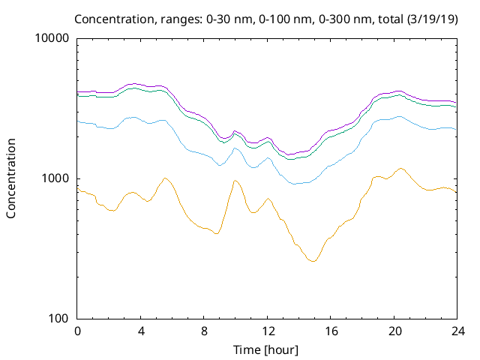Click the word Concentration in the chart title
(x=129, y=18)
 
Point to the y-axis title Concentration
(x=11, y=178)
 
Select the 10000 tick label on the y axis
(x=52, y=38)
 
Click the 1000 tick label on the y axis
(x=55, y=178)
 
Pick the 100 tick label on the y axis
(x=58, y=319)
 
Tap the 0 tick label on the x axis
(x=77, y=331)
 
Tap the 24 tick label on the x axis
(x=457, y=331)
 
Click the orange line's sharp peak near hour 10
(x=235, y=180)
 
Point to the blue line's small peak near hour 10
(x=235, y=148)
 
